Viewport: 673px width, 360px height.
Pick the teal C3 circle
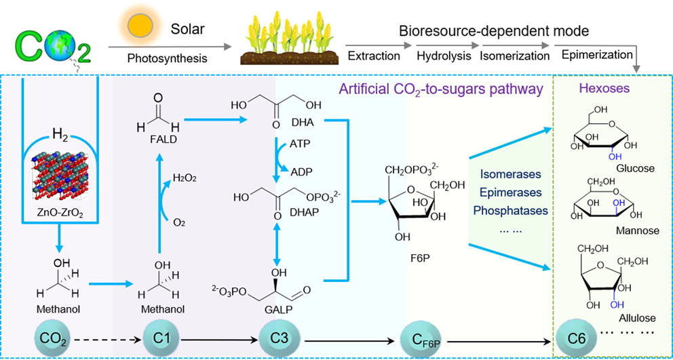[x=279, y=336]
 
